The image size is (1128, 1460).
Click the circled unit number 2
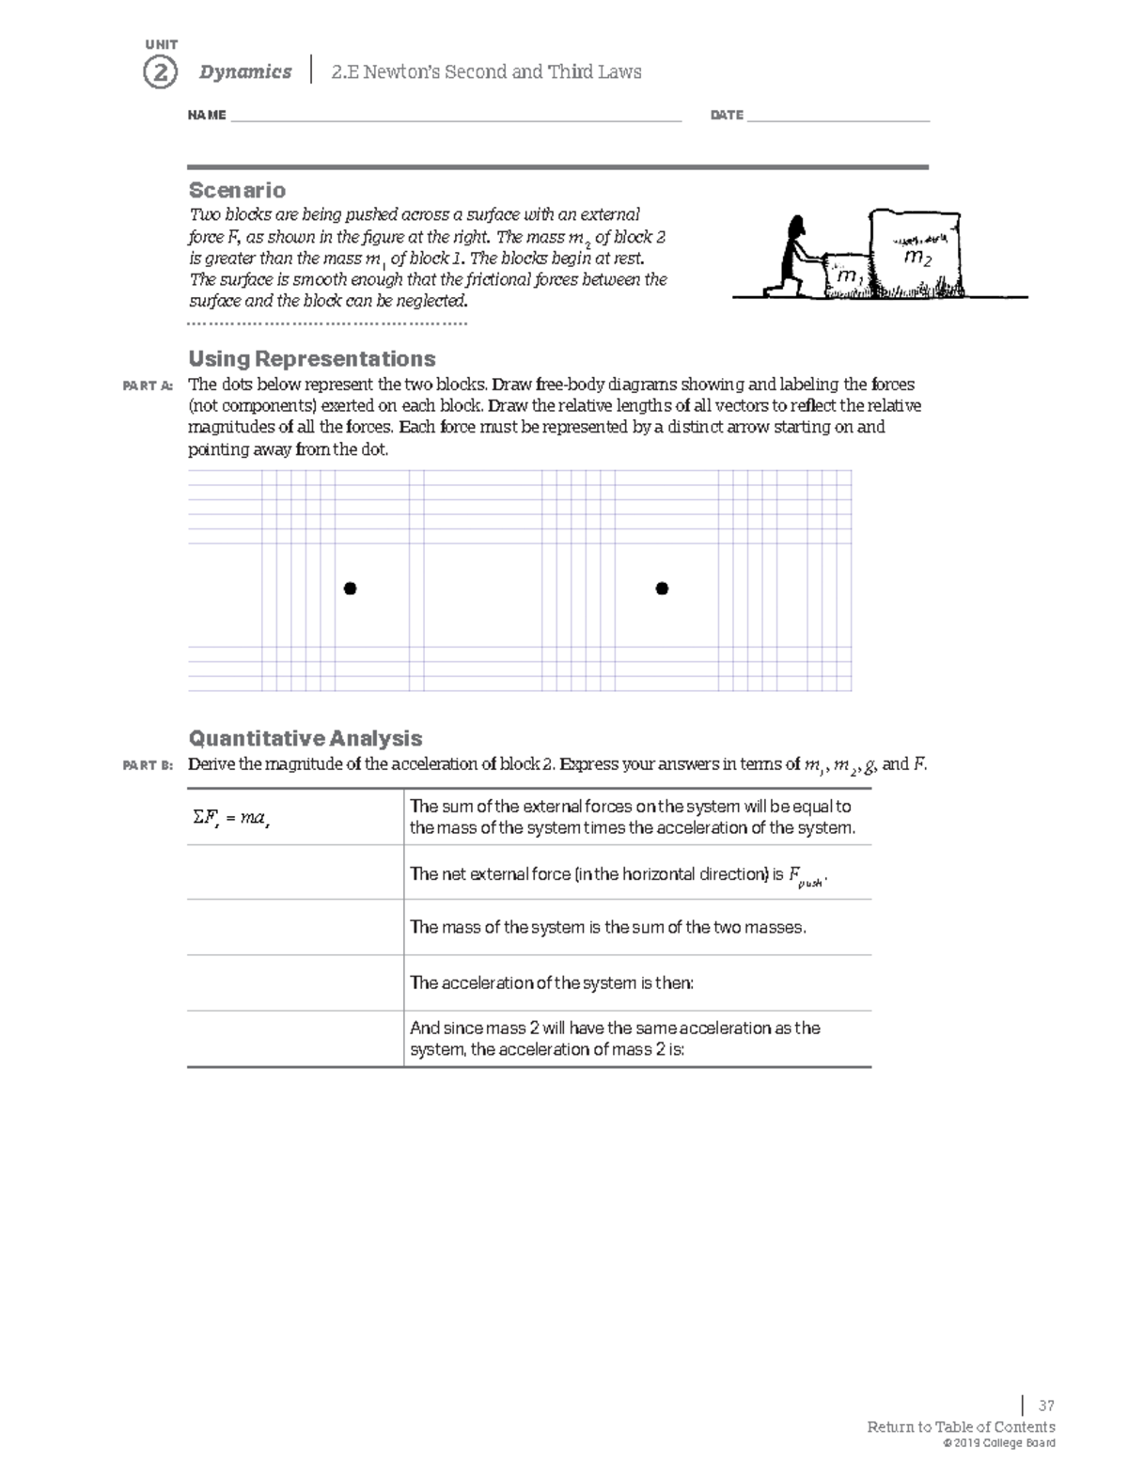click(160, 72)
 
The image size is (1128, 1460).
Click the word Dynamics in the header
click(244, 72)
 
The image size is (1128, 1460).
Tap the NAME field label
click(207, 116)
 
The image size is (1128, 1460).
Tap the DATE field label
click(727, 116)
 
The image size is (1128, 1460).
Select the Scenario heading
click(237, 190)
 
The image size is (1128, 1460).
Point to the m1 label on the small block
click(848, 276)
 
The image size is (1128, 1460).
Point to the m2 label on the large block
click(916, 258)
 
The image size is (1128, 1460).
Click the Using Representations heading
click(311, 359)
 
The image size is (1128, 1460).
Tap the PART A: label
click(148, 385)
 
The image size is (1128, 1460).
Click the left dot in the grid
click(350, 589)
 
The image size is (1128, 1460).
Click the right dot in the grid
click(662, 589)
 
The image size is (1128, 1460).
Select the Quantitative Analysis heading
click(305, 738)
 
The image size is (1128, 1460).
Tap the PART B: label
click(148, 765)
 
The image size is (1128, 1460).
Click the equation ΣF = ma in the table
click(231, 818)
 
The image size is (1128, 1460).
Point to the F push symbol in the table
click(807, 876)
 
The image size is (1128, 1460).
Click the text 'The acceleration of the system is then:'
click(552, 983)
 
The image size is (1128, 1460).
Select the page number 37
click(1045, 1406)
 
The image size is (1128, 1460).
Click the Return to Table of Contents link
click(960, 1427)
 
